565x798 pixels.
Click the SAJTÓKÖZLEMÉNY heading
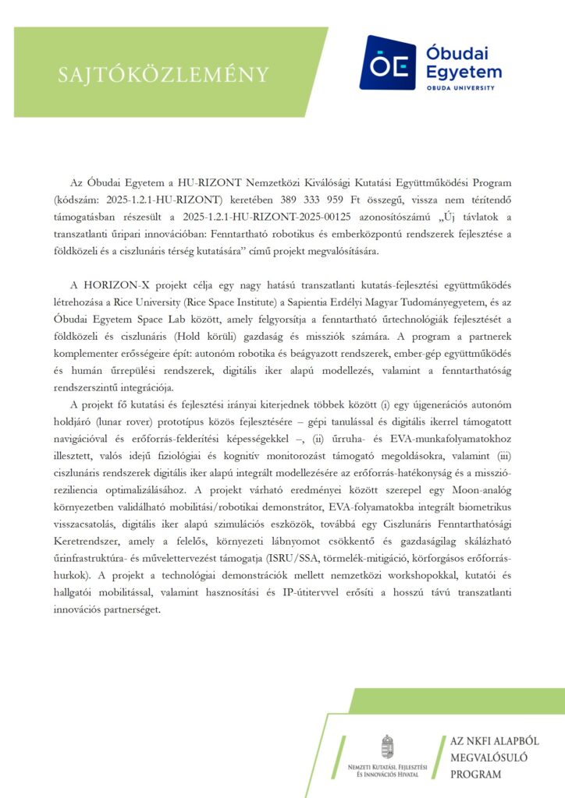click(164, 74)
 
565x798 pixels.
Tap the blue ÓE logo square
click(387, 62)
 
